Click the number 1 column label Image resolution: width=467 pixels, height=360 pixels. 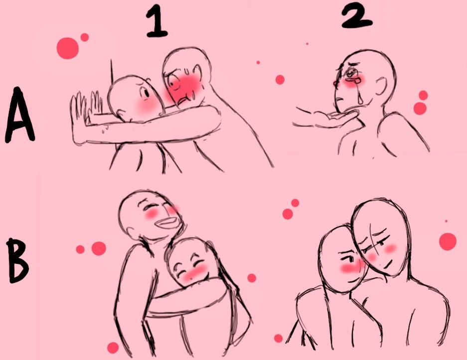(157, 23)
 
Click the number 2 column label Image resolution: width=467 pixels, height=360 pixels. (357, 17)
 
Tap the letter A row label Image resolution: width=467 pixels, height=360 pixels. (19, 115)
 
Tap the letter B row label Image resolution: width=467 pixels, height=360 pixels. (18, 261)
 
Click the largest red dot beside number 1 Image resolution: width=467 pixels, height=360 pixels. (68, 48)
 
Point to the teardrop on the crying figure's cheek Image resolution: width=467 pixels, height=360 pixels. (361, 98)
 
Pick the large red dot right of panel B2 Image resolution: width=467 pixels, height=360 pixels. (448, 241)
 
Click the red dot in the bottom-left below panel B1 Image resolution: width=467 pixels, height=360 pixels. (113, 348)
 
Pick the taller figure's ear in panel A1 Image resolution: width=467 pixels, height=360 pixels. (197, 73)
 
